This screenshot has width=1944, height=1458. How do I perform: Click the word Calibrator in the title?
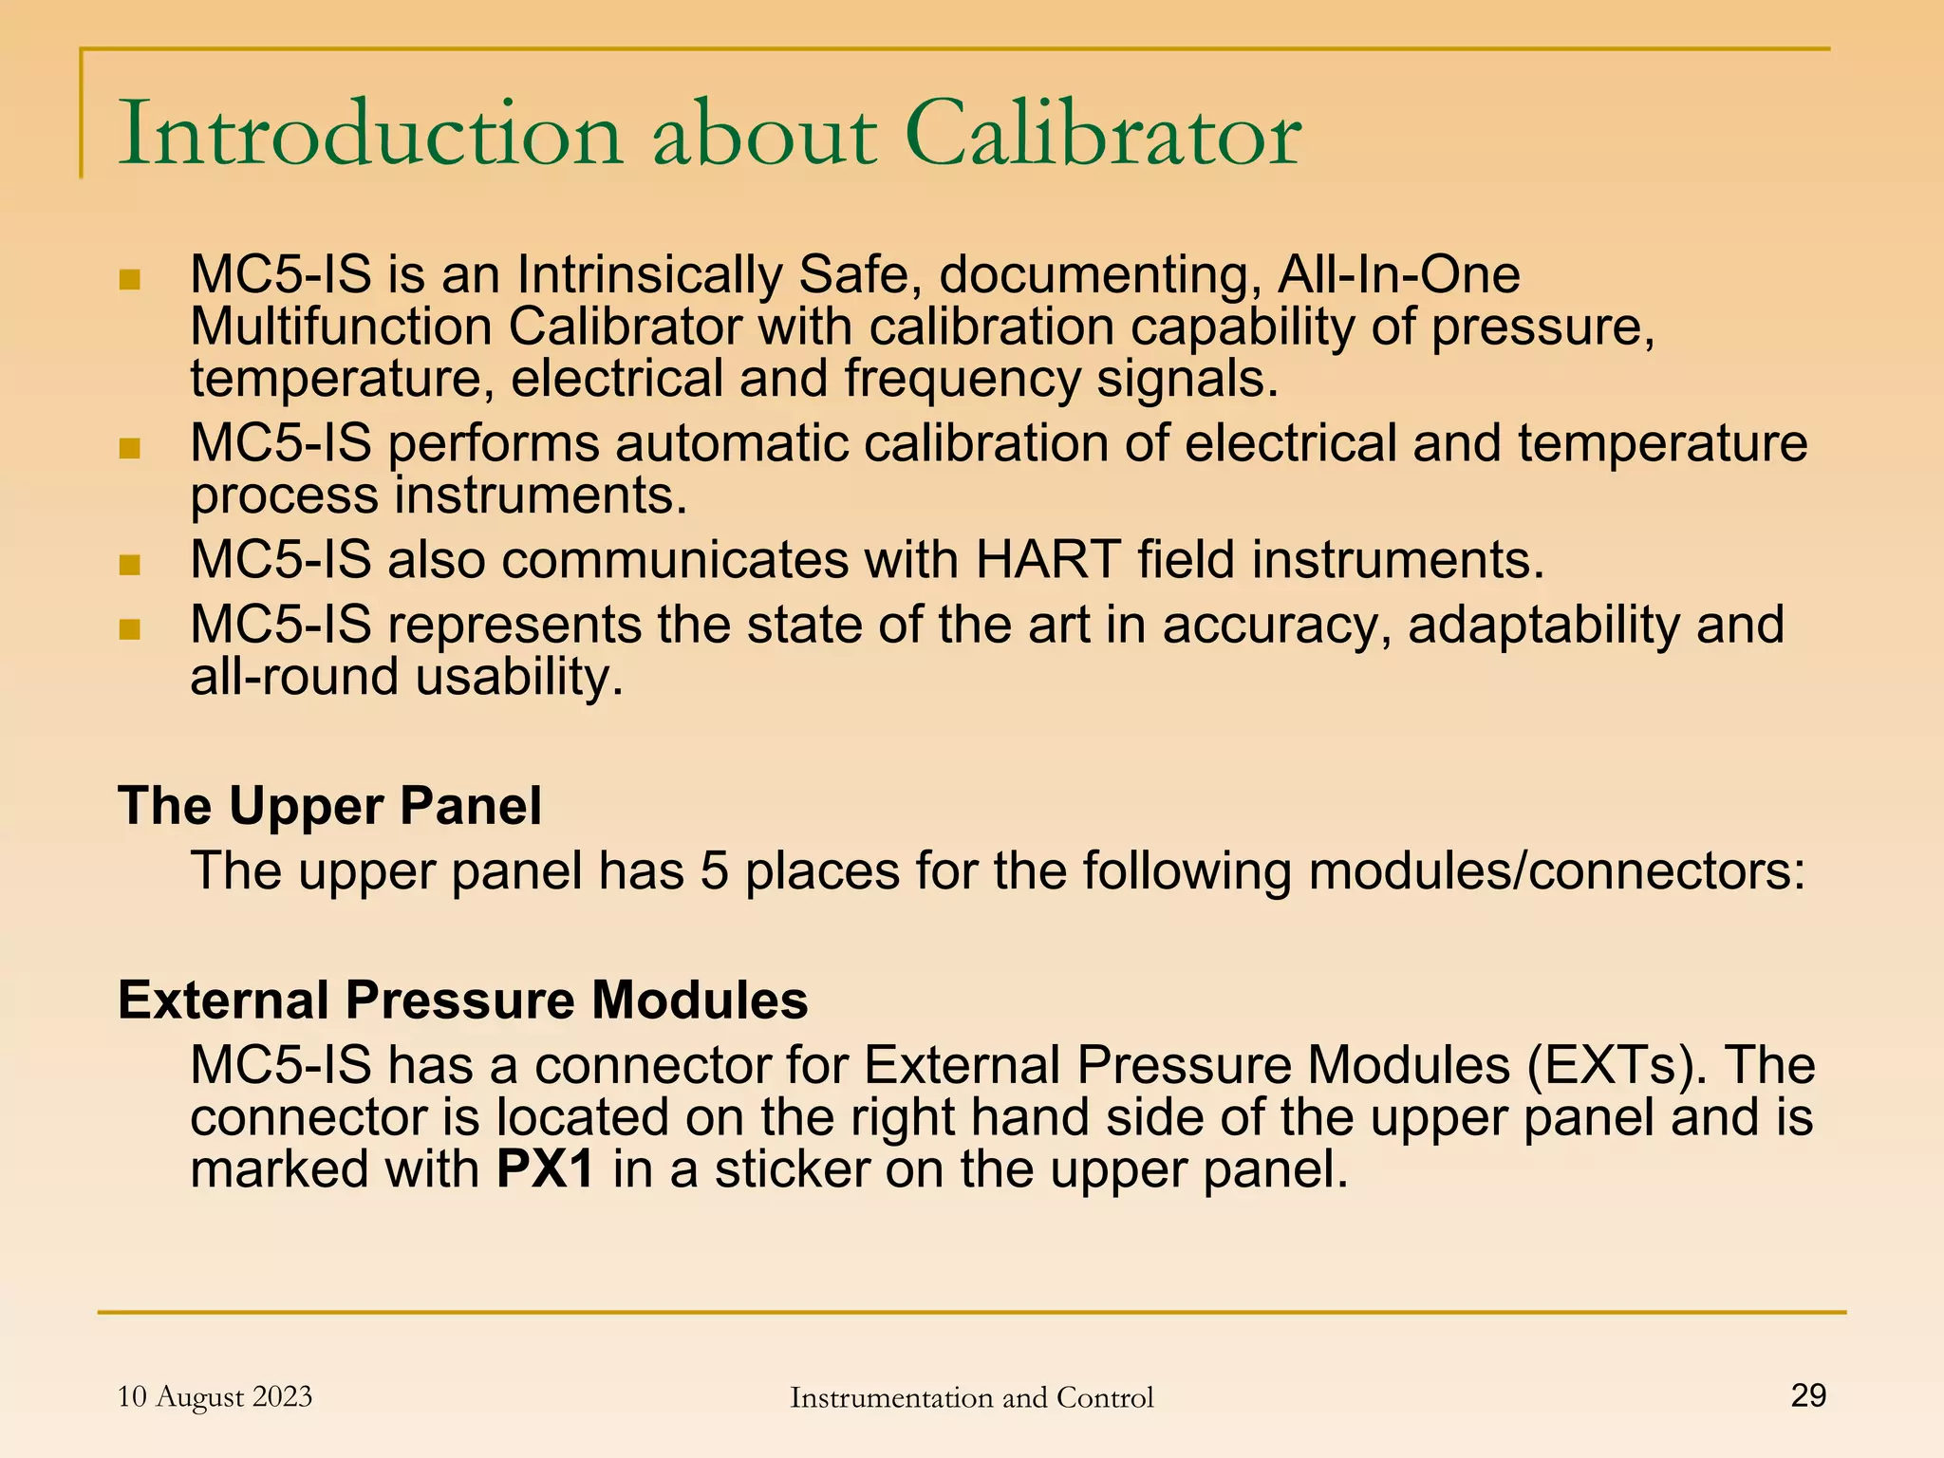point(1103,136)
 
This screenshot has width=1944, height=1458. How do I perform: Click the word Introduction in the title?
point(370,136)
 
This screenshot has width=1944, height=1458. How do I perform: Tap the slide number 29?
point(1807,1395)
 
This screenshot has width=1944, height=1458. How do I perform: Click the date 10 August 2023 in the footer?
point(215,1396)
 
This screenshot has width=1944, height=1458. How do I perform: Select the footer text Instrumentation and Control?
point(971,1397)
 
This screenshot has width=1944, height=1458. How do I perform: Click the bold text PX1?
point(545,1169)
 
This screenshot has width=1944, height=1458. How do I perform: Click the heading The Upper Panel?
point(329,806)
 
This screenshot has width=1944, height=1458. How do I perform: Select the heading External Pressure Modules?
point(462,1000)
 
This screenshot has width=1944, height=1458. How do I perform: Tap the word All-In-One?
point(1398,275)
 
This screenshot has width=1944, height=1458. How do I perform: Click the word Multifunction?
point(340,327)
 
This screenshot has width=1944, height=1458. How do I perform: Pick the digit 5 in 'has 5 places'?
point(714,871)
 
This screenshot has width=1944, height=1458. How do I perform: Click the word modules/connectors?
point(1557,871)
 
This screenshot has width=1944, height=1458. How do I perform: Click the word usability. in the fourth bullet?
point(519,678)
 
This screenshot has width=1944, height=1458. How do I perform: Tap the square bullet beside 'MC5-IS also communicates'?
point(130,566)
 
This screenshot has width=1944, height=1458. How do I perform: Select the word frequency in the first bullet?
point(963,380)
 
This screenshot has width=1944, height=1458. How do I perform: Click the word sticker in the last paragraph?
point(793,1169)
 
